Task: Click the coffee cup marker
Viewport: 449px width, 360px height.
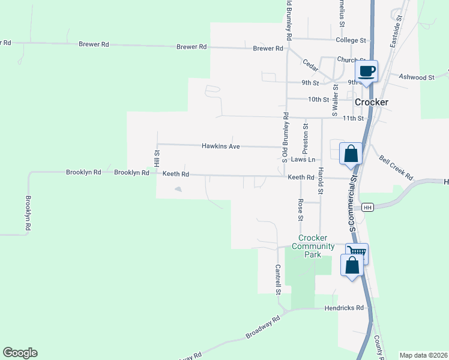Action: tap(367, 72)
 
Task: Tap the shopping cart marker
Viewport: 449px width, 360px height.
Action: tap(358, 253)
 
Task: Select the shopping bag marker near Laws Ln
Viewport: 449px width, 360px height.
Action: tap(351, 154)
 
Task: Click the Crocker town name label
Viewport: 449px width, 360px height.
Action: tap(372, 102)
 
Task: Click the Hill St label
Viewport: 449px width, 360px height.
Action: tap(157, 159)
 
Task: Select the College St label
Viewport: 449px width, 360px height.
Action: tap(351, 40)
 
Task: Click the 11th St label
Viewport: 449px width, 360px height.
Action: tap(353, 118)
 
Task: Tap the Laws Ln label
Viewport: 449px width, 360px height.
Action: tap(303, 160)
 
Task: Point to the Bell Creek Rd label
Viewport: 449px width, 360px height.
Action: tap(396, 168)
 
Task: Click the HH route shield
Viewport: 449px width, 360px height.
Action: tap(368, 207)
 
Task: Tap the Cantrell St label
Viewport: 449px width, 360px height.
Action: tap(279, 280)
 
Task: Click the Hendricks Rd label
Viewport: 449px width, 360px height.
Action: tap(344, 308)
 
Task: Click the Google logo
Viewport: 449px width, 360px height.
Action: tap(20, 353)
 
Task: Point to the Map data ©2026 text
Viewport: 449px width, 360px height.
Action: tap(423, 355)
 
